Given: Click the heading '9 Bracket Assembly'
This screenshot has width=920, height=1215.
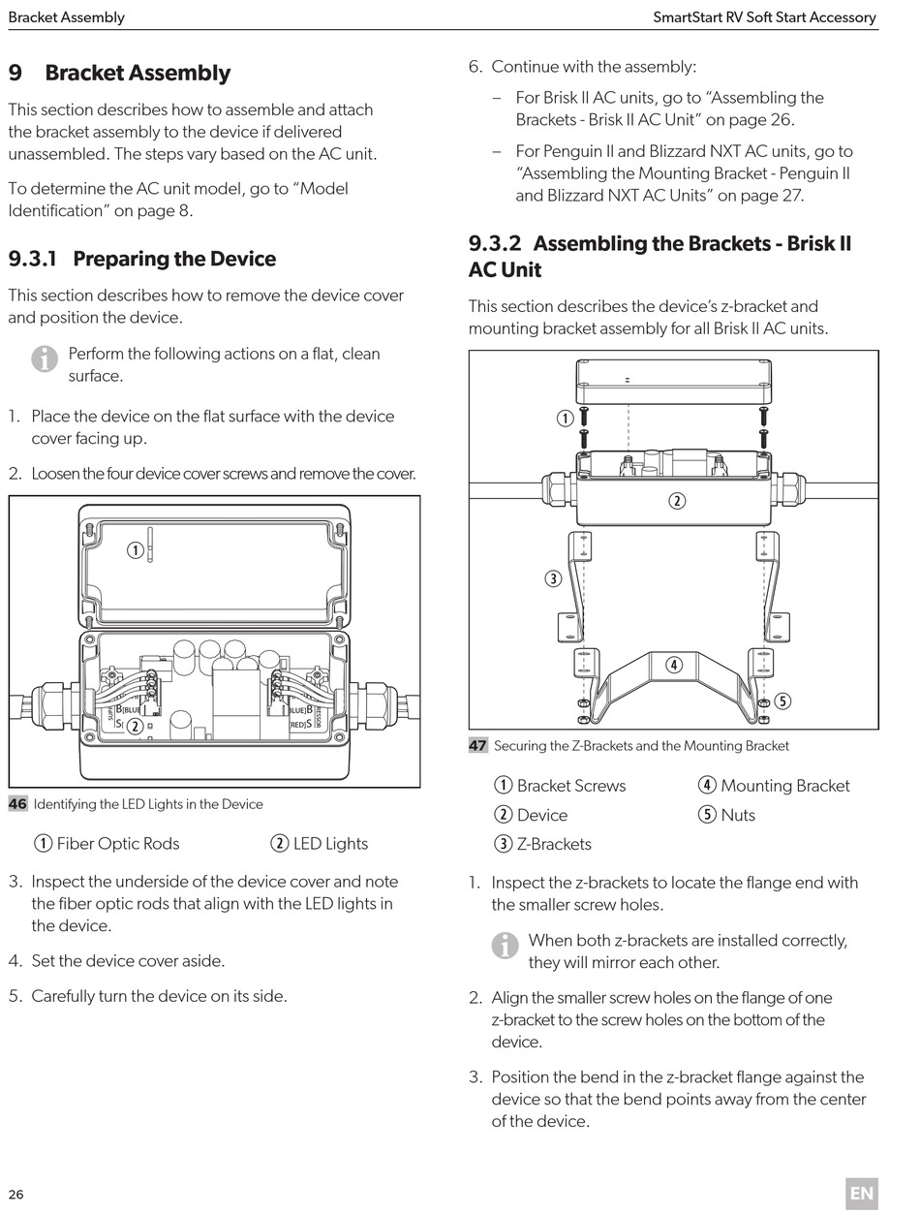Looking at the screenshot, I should [119, 73].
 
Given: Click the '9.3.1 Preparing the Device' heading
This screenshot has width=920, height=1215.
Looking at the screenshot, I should [142, 259].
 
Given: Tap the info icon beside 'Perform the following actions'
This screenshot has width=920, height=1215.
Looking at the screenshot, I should [45, 359].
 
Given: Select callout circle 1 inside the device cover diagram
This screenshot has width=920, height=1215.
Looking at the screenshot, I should [136, 550].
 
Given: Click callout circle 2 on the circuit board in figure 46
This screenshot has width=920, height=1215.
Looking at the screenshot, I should [136, 726].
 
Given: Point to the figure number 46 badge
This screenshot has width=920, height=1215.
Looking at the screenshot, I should [17, 804].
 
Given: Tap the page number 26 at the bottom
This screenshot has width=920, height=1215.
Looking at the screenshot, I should [16, 1194].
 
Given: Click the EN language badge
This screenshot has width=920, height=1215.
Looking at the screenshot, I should [861, 1194].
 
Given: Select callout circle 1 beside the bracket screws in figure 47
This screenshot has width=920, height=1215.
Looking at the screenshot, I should [565, 419].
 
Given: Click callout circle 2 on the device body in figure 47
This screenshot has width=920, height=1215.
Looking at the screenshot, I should [677, 501].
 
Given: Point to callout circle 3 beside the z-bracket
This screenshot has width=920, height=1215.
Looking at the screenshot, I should [553, 579].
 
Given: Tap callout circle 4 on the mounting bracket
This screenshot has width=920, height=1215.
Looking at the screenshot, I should [673, 665].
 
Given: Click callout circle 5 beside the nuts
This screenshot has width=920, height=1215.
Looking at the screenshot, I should [782, 701].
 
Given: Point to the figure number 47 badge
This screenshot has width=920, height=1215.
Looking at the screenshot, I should [478, 746].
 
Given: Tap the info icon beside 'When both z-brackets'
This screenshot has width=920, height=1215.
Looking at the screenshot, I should [505, 946].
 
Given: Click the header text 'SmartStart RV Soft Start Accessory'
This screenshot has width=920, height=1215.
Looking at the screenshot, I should [764, 16].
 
